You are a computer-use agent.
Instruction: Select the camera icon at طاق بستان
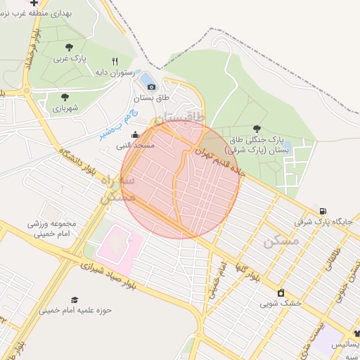pos(152,86)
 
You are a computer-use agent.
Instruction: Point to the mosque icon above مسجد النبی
pos(135,134)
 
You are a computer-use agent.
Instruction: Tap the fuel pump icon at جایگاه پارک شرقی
pos(322,211)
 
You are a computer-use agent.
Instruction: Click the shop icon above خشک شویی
pos(281,293)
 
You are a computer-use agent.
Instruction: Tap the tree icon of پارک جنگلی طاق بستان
pos(256,129)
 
